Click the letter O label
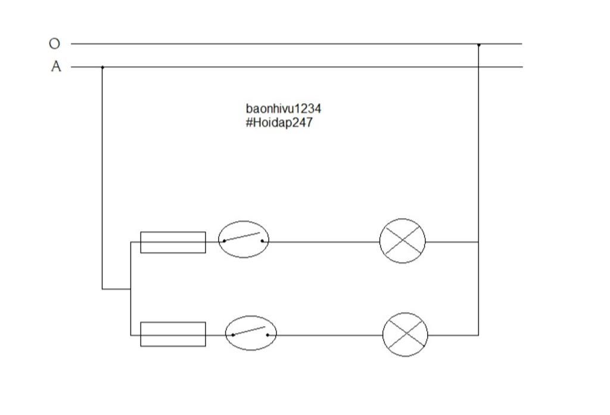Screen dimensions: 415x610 point(54,44)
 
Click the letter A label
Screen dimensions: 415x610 point(56,67)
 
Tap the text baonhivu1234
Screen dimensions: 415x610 point(283,109)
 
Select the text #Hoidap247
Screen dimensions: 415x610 point(278,123)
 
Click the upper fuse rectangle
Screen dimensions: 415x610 point(173,242)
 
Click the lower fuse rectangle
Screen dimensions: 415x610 point(173,335)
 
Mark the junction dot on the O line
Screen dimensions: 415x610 point(478,44)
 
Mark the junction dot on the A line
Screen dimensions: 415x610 point(102,67)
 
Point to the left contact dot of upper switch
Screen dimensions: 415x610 point(224,241)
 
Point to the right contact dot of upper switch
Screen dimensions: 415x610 point(262,241)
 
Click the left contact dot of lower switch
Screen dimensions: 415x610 point(233,335)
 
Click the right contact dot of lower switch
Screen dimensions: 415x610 point(267,335)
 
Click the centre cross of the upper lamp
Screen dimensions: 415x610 point(403,241)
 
